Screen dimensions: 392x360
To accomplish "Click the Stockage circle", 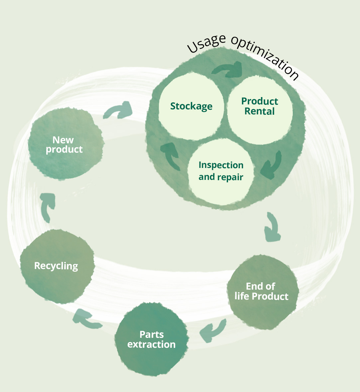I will tap(191, 106).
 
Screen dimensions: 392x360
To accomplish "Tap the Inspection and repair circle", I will tap(221, 171).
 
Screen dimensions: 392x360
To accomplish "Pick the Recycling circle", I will tap(57, 266).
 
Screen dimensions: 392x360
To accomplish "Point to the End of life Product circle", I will tap(262, 292).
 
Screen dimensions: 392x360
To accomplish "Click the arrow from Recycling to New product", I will tap(47, 206).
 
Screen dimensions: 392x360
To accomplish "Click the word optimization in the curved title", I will tap(266, 57).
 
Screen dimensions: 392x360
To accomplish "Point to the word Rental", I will tap(260, 111).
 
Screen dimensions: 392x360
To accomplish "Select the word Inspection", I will tap(221, 165).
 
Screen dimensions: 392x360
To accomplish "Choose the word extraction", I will tap(151, 345).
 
